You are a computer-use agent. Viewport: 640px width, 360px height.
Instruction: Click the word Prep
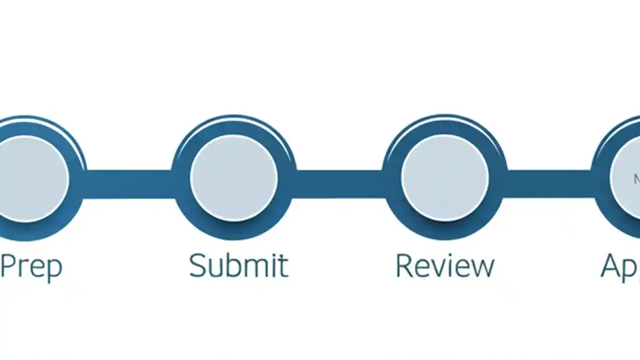pos(31,266)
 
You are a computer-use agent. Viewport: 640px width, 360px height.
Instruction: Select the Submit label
pos(238,265)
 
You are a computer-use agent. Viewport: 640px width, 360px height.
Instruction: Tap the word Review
pos(444,265)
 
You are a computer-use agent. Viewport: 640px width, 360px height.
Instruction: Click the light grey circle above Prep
pos(30,178)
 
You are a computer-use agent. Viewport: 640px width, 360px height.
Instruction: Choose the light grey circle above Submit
pos(234,177)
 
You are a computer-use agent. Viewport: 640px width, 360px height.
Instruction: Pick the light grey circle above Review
pos(445,177)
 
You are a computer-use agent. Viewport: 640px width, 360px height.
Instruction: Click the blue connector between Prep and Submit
pos(129,184)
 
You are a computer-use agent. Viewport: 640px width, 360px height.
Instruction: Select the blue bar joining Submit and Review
pos(340,184)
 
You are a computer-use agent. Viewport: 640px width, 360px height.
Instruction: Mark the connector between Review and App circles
pos(549,184)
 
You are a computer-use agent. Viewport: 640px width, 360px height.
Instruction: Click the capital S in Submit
pos(198,265)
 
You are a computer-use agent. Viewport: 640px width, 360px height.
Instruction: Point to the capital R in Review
pos(404,265)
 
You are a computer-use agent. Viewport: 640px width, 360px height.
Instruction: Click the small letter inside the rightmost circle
pos(637,179)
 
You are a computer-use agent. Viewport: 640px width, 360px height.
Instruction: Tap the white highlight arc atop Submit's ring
pos(234,123)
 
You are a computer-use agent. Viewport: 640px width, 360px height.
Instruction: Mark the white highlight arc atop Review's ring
pos(445,123)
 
